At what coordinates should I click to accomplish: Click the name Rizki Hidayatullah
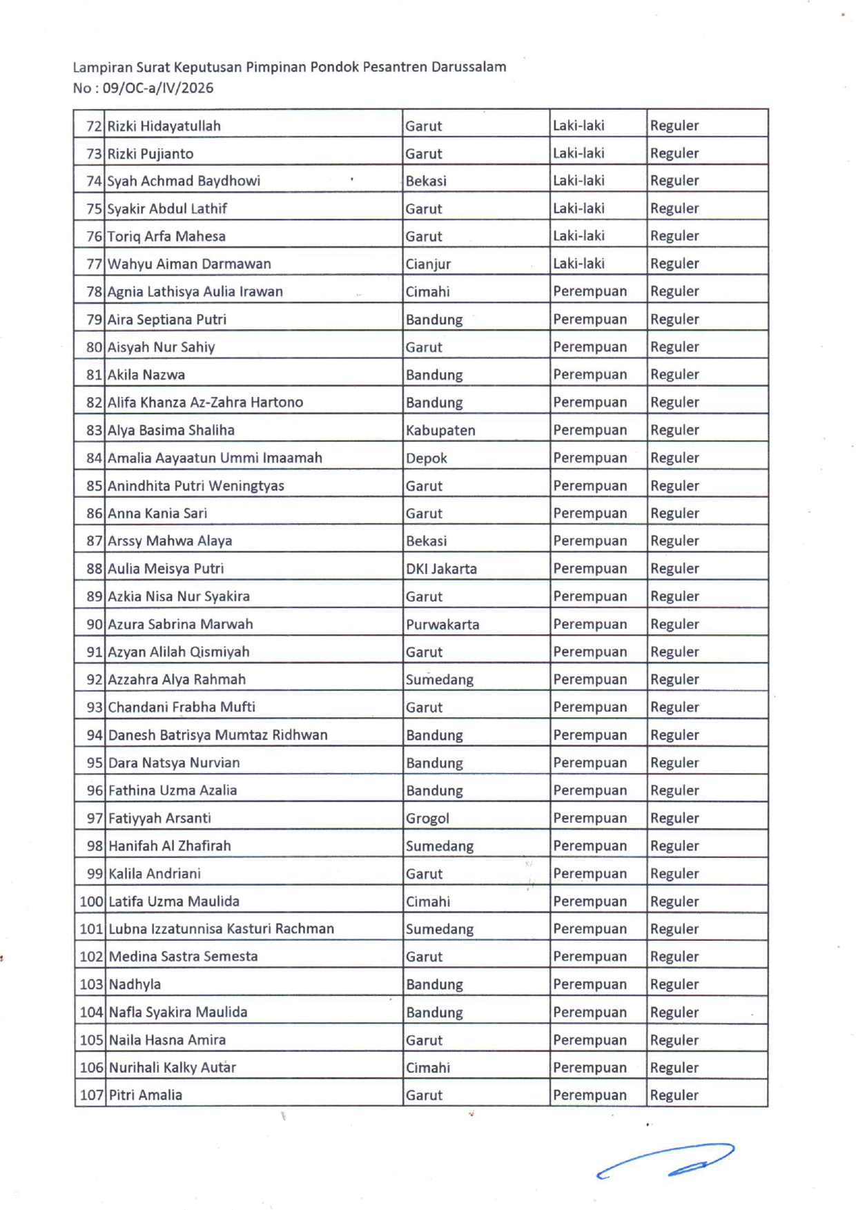pos(164,126)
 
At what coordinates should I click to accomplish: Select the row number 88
pos(94,569)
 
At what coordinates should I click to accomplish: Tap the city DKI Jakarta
pos(441,569)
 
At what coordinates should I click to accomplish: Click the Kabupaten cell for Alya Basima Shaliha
pos(440,430)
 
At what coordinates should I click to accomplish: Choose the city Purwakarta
pos(442,624)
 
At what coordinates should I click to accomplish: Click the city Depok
pos(426,458)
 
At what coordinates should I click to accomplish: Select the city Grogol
pos(427,818)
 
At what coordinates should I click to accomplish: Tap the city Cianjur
pos(428,264)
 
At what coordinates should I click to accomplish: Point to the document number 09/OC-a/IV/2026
pos(158,88)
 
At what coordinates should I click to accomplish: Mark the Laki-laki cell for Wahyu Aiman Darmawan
pos(578,264)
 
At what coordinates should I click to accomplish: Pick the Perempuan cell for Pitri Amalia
pos(590,1095)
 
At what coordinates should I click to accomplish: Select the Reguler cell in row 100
pos(674,901)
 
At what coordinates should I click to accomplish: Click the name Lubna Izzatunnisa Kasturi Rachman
pos(221,929)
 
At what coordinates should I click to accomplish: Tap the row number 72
pos(94,126)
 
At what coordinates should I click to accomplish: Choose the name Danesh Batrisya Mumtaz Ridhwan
pos(217,735)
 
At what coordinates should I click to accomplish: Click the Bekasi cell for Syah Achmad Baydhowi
pos(426,181)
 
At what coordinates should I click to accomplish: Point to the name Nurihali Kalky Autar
pos(172,1067)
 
